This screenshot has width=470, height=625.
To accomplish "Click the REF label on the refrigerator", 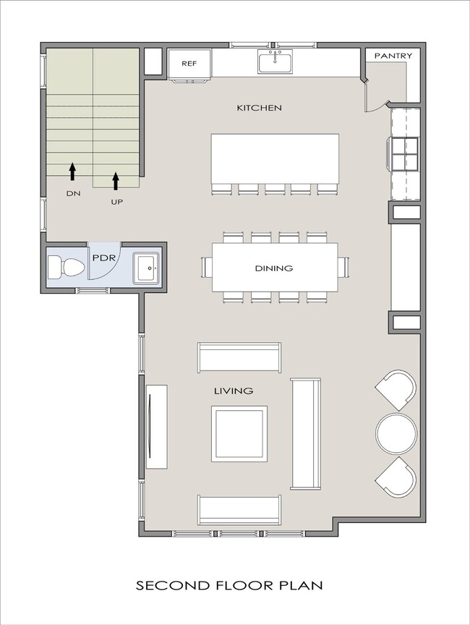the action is tap(189, 64).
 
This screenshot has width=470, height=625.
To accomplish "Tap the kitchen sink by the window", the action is tap(275, 61).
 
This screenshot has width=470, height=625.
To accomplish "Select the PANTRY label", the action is tap(393, 56).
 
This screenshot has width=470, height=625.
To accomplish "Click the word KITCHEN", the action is tap(260, 108).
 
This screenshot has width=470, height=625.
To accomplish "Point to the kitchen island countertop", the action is tap(275, 158).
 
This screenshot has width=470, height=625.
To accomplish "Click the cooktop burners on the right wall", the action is tap(405, 154).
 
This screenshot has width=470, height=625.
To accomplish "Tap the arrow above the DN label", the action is tap(72, 171).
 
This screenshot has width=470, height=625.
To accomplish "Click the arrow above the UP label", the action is tap(116, 181).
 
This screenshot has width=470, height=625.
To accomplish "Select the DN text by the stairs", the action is tap(73, 193).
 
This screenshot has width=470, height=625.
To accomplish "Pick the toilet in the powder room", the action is tap(66, 268).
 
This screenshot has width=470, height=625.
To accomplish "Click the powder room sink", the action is tap(146, 268).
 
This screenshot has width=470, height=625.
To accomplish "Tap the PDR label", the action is tap(104, 258).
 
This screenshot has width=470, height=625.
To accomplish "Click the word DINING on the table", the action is tap(274, 268).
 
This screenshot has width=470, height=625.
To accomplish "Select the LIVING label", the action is tap(234, 391).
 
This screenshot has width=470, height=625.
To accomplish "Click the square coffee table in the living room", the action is tap(239, 434).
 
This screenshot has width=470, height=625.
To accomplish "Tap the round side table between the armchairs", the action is tap(396, 433).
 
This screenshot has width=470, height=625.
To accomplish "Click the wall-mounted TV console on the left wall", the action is tap(156, 427).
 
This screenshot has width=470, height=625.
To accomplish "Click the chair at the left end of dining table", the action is tap(207, 267).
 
